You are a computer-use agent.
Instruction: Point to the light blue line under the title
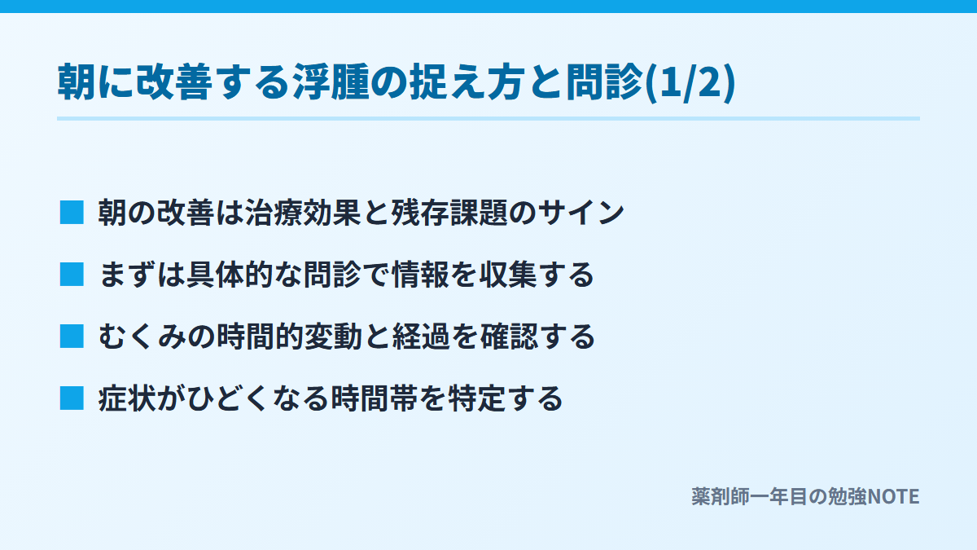click(488, 118)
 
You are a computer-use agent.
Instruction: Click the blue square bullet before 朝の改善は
click(72, 213)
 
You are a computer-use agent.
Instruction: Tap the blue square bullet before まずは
click(72, 275)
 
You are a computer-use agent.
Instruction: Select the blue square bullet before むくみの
click(72, 337)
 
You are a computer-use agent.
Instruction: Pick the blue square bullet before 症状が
click(72, 398)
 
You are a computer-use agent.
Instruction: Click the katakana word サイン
click(581, 213)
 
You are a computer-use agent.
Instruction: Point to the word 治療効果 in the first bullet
click(303, 213)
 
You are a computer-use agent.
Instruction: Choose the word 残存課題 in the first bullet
click(449, 213)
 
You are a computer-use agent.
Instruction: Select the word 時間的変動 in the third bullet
click(289, 337)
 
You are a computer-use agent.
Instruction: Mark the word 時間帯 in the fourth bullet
click(375, 398)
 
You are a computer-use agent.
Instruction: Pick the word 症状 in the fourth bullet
click(127, 398)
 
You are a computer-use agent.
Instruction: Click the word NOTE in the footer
click(894, 497)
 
